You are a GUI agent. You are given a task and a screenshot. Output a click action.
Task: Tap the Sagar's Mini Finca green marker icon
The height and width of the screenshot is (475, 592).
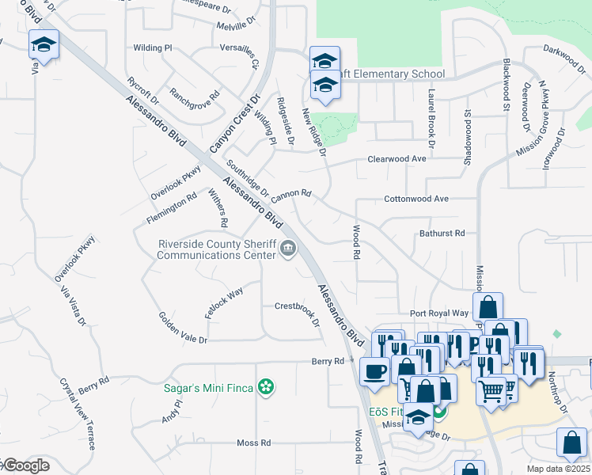268,387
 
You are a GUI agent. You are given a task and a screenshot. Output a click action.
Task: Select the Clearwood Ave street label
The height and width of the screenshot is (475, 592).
397,159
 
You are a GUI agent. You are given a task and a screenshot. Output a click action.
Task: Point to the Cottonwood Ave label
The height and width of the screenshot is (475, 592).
416,199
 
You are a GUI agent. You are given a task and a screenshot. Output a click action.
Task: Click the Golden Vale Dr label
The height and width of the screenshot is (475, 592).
183,327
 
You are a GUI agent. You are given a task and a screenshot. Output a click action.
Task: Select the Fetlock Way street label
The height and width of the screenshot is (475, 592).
224,303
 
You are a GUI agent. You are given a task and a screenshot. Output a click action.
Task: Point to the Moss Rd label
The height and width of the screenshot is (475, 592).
254,443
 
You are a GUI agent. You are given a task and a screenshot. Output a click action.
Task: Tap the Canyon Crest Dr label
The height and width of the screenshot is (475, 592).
235,125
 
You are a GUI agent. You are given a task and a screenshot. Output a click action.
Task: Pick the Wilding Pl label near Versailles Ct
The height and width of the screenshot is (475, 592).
153,48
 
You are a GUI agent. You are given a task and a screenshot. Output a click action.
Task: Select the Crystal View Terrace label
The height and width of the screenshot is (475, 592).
77,414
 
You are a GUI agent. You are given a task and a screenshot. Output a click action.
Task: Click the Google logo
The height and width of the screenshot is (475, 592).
25,465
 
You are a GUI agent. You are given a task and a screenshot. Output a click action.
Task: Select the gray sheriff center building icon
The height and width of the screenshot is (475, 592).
288,250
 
